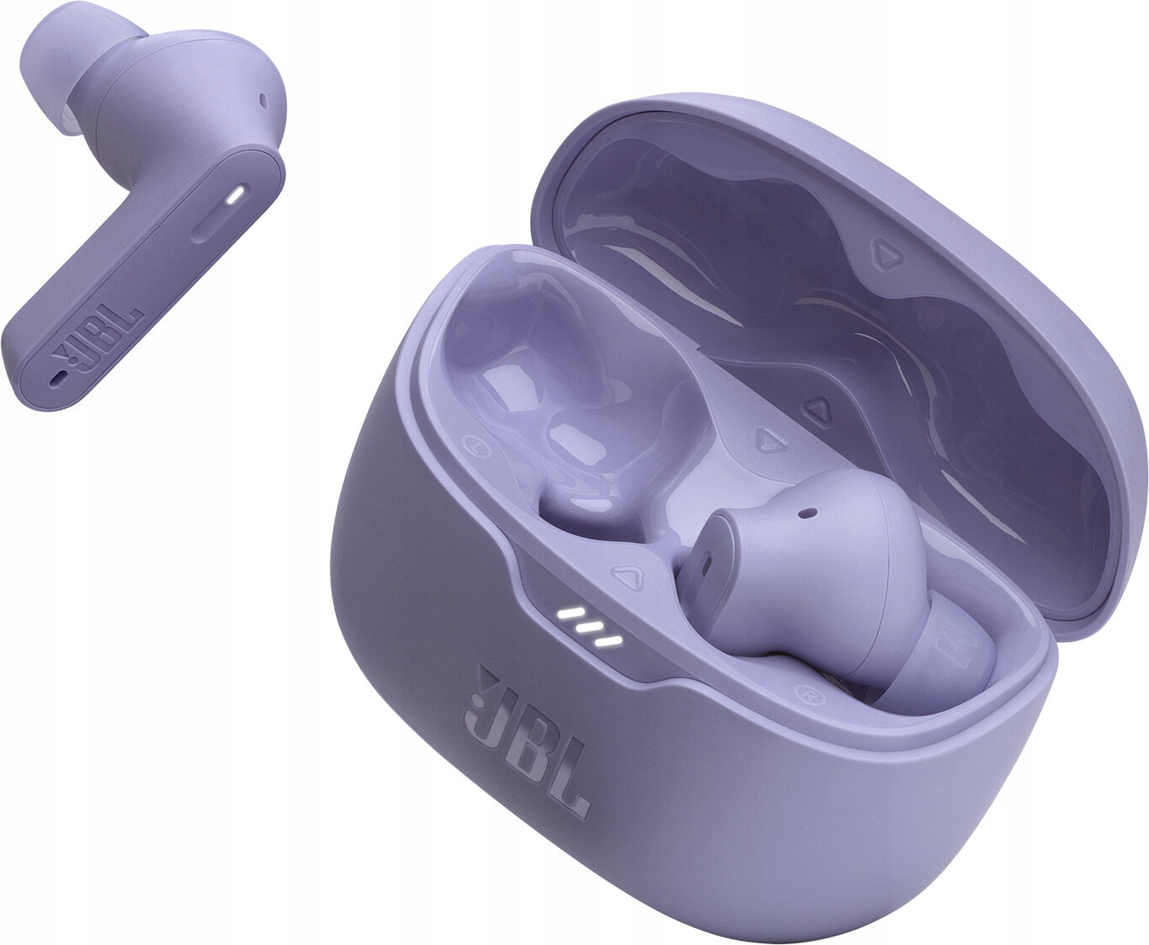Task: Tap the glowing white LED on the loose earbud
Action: point(235,195)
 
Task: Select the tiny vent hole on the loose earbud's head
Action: point(264,100)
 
